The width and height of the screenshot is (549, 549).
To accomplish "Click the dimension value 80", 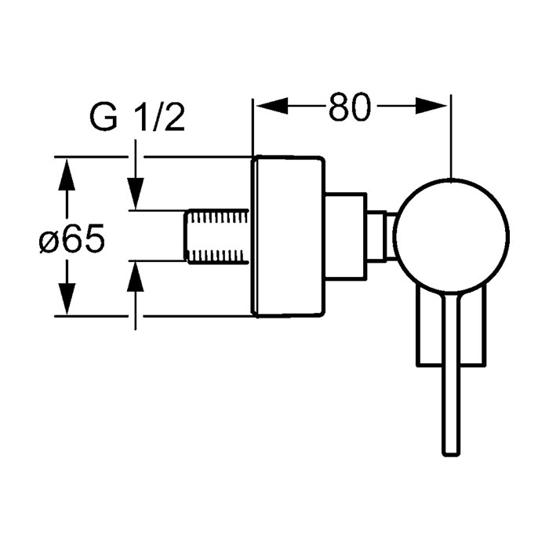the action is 350,107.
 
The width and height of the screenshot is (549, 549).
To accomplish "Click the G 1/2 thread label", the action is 137,118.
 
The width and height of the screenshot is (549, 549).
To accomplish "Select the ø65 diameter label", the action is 72,238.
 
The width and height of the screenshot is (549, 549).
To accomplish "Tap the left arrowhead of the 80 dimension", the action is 272,105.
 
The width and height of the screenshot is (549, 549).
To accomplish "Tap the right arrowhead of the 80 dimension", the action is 431,105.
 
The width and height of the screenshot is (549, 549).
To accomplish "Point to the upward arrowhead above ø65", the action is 67,174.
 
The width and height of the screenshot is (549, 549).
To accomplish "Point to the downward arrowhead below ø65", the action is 67,299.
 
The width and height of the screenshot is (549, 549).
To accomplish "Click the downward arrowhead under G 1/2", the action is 136,194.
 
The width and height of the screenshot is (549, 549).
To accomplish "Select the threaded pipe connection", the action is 217,235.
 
